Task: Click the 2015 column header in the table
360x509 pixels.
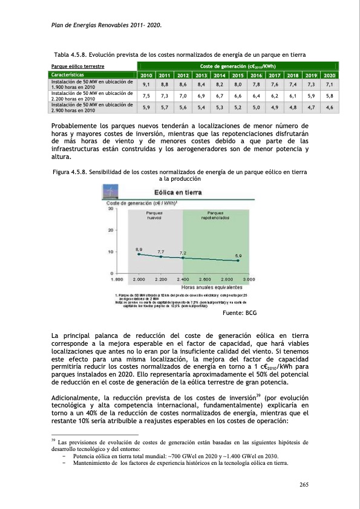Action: click(238, 76)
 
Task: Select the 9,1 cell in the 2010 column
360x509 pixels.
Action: click(146, 85)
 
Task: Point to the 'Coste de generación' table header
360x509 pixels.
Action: click(237, 65)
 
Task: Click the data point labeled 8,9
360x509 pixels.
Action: click(139, 254)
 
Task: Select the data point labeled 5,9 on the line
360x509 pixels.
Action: click(238, 261)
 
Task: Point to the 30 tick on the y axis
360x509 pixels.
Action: click(111, 209)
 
